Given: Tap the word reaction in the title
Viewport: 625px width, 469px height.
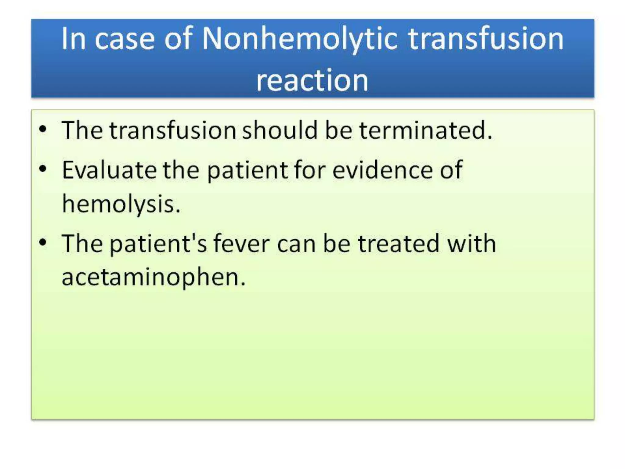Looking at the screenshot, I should click(312, 81).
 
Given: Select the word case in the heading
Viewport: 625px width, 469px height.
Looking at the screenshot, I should click(125, 39).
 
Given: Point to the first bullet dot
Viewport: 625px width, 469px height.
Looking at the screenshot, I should click(43, 129).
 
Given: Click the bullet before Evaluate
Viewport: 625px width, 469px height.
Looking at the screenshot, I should click(43, 169).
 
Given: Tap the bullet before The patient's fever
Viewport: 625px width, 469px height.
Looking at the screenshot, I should click(43, 243).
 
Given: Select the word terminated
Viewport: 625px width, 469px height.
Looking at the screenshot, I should click(425, 130).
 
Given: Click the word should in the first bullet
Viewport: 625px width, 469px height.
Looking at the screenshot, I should click(280, 130).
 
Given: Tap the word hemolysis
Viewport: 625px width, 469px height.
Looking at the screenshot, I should click(121, 204).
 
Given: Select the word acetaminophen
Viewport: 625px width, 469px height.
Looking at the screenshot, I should click(153, 277).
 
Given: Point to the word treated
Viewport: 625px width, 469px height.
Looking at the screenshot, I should click(399, 244).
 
